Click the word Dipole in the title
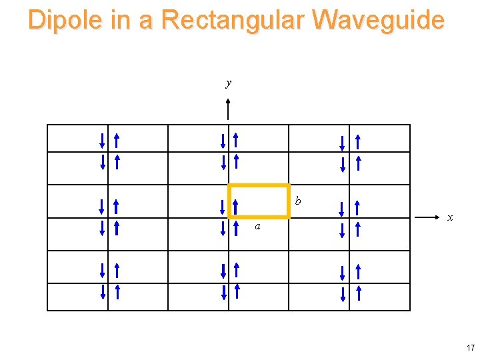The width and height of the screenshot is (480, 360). click(65, 20)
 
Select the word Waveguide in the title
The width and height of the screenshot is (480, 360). click(377, 20)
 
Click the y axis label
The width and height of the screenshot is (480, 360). click(229, 83)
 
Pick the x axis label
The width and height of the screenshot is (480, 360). click(451, 217)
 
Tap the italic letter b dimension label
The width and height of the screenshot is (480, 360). click(298, 201)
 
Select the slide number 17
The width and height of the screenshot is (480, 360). click(471, 348)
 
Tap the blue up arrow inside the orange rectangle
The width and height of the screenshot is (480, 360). click(236, 207)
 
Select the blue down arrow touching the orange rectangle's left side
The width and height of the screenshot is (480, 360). click(223, 207)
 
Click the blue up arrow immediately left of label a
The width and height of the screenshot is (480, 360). click(236, 228)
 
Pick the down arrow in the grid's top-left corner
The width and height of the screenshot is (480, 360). click(102, 141)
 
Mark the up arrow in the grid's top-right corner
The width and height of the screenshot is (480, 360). click(358, 141)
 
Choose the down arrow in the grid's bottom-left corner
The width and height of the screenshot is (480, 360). click(102, 292)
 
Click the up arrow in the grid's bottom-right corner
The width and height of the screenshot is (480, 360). click(358, 292)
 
